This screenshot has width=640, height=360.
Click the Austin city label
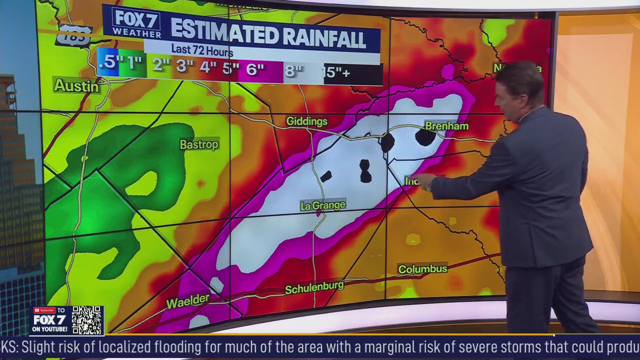(x=76, y=86)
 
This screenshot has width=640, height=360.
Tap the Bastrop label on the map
(x=199, y=144)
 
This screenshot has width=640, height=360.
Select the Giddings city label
(x=306, y=121)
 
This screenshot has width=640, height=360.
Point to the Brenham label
(x=446, y=126)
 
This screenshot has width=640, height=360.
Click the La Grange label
(x=323, y=205)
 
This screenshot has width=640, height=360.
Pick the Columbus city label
(x=422, y=269)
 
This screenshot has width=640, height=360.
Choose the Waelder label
(x=187, y=301)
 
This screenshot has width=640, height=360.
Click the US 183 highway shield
(x=74, y=35)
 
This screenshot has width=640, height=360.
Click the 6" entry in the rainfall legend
(x=255, y=69)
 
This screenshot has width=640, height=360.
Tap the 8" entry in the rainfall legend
(x=293, y=71)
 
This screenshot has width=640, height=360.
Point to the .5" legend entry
(x=107, y=62)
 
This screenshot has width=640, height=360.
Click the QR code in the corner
(x=87, y=320)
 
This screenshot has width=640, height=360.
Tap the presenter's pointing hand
(x=423, y=181)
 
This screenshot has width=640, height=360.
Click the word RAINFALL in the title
(x=322, y=36)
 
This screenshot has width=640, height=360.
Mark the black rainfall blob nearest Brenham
(x=424, y=136)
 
